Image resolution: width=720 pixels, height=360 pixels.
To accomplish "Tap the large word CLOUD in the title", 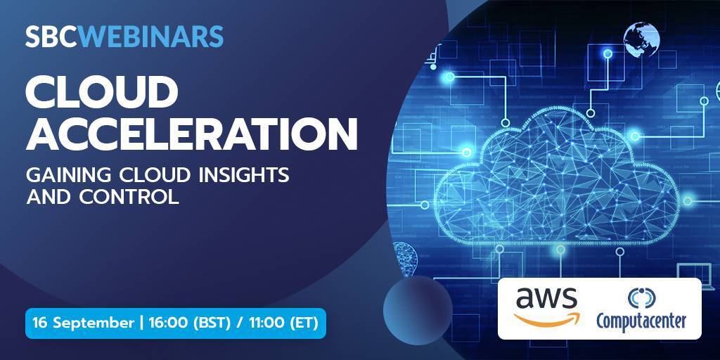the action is (101, 93).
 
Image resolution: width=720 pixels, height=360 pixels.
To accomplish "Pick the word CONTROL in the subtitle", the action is (129, 197).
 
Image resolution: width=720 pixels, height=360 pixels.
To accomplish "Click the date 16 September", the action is (83, 323).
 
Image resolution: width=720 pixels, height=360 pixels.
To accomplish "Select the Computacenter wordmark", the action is (641, 321).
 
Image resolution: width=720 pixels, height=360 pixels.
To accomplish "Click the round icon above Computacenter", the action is (642, 297).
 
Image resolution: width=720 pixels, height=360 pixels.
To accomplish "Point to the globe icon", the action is (641, 40).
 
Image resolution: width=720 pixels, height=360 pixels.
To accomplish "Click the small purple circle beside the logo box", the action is (418, 310).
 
